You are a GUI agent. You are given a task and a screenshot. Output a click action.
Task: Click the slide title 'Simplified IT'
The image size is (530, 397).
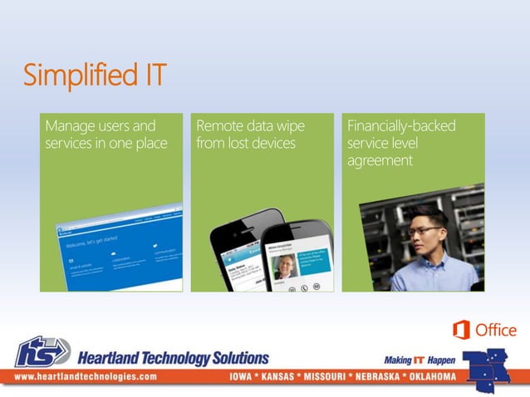[x=94, y=76]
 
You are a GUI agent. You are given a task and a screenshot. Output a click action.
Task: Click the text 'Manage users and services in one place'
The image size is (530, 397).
[x=106, y=135]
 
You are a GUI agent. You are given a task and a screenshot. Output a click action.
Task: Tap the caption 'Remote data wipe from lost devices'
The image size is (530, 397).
[x=250, y=135]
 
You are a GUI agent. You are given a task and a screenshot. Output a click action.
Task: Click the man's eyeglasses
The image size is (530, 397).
[x=424, y=230]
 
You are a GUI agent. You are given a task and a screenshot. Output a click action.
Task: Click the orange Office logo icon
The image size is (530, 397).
[x=461, y=330]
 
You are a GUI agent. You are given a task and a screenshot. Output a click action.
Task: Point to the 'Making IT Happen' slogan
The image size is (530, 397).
[x=420, y=360]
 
